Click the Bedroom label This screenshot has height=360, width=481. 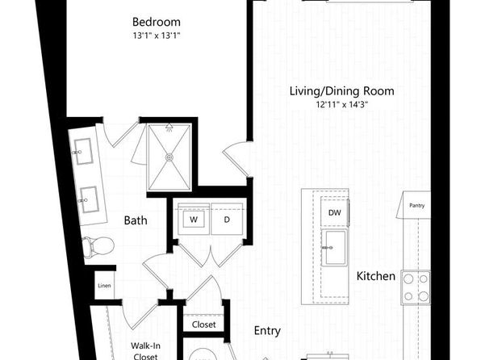click(157, 22)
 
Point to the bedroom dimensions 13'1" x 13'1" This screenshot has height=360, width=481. click(157, 36)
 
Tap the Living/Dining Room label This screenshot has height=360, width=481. click(342, 91)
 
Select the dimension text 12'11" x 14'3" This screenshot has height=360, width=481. click(342, 105)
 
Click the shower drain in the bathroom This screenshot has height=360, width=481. click(169, 157)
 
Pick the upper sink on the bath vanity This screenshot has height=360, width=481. click(82, 152)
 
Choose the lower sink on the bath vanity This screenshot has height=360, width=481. click(89, 200)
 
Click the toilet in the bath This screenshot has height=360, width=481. click(98, 246)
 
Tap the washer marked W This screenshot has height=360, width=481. click(193, 219)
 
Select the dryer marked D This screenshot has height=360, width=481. click(227, 219)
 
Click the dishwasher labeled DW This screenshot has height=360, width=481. click(334, 212)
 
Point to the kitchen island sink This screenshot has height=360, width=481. click(334, 248)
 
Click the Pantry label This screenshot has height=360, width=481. click(417, 205)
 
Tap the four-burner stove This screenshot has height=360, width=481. click(416, 287)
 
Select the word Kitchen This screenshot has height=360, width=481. click(376, 276)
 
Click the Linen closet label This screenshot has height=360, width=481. click(104, 286)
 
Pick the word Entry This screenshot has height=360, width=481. click(267, 331)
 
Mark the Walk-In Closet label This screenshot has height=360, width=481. click(145, 351)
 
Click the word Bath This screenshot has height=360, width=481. click(136, 220)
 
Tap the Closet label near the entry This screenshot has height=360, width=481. click(203, 324)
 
